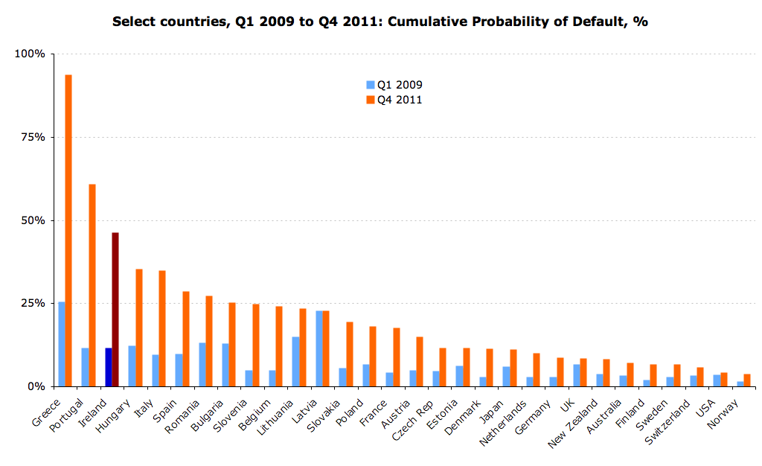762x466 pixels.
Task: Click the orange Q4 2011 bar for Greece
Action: click(x=68, y=231)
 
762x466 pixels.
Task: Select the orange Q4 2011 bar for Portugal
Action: click(x=92, y=286)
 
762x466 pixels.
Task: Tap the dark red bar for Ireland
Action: click(x=115, y=310)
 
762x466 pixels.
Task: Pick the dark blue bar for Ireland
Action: click(x=109, y=367)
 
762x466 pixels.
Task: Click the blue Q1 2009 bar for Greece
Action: click(x=62, y=345)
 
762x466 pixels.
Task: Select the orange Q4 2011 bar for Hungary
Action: click(x=139, y=328)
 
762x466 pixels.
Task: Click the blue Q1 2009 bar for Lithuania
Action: click(x=295, y=362)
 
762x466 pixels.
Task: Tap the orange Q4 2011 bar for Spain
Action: click(x=185, y=339)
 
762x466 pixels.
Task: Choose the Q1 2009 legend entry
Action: click(x=394, y=85)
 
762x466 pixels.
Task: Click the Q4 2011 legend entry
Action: click(x=394, y=100)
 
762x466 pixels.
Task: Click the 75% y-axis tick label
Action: click(x=33, y=138)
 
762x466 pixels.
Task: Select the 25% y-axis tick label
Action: click(x=33, y=304)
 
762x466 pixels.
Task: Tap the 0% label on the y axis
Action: click(x=36, y=387)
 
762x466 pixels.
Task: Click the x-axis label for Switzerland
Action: click(x=667, y=422)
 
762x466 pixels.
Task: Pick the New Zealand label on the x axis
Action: click(x=572, y=424)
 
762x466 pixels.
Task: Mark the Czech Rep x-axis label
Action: click(x=412, y=420)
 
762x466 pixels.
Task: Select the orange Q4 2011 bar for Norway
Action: click(x=747, y=380)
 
